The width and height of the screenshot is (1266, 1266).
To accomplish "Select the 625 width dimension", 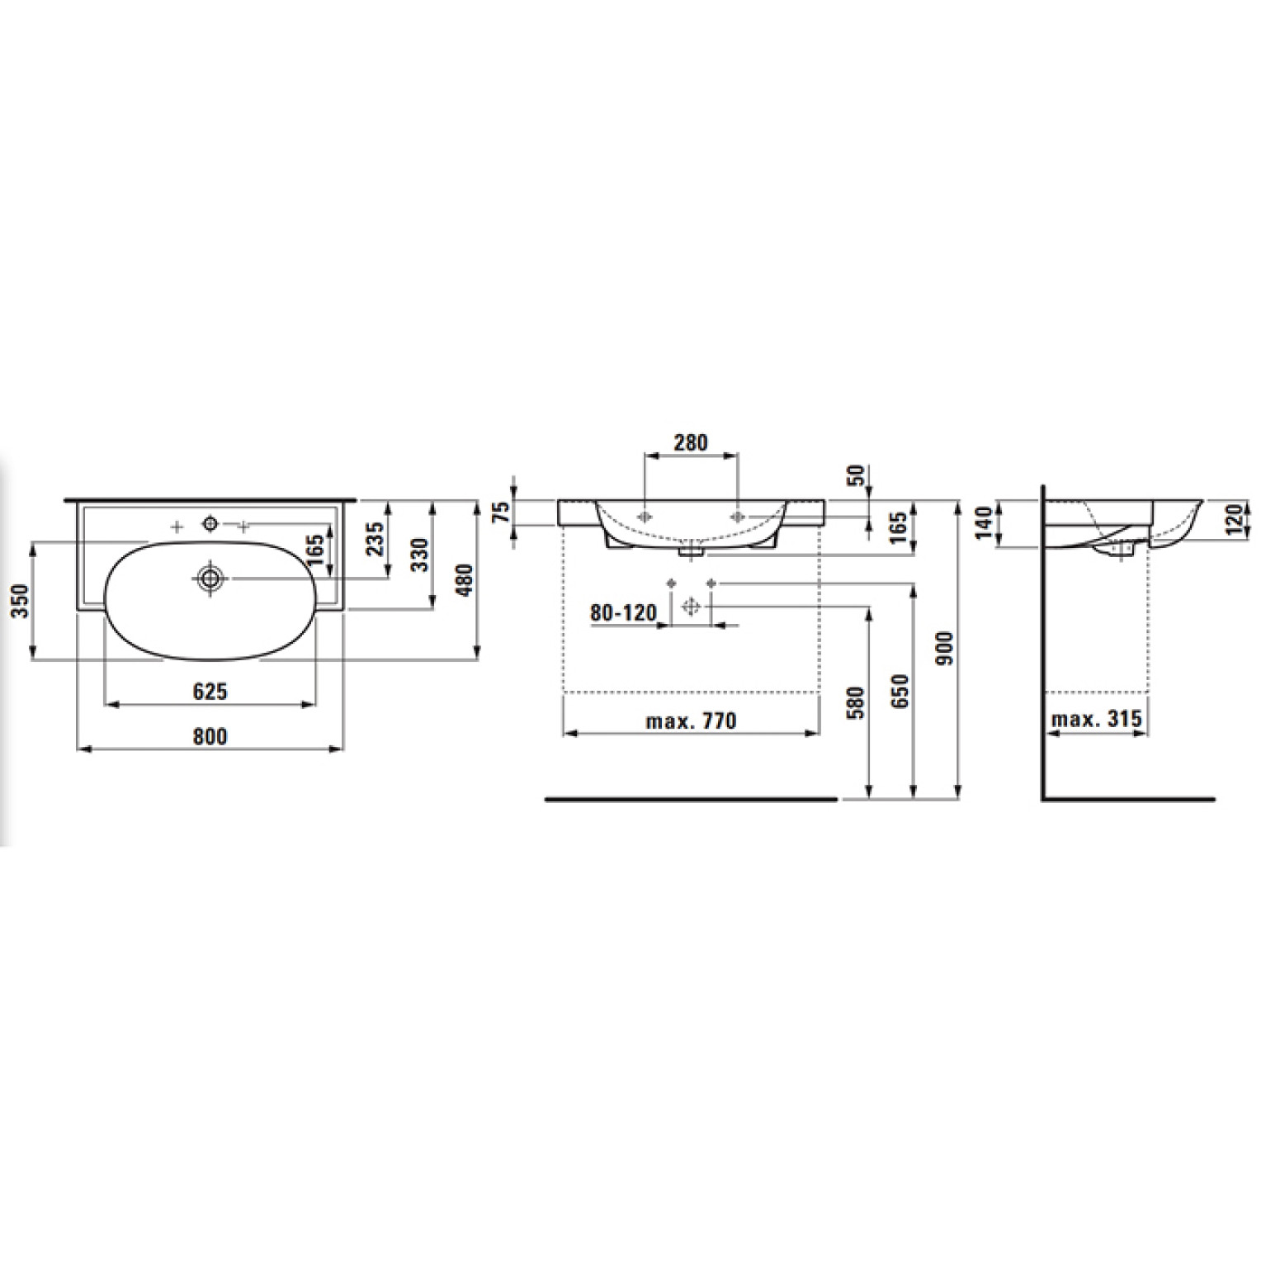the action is (210, 691).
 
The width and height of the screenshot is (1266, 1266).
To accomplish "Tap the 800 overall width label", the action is (210, 735).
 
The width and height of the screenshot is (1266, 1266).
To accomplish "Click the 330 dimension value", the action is (420, 555).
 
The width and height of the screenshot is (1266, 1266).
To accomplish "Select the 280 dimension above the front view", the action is (690, 442).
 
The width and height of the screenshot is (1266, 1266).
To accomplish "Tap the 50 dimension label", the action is (857, 475).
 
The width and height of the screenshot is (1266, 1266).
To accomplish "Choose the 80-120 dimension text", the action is (624, 612).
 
